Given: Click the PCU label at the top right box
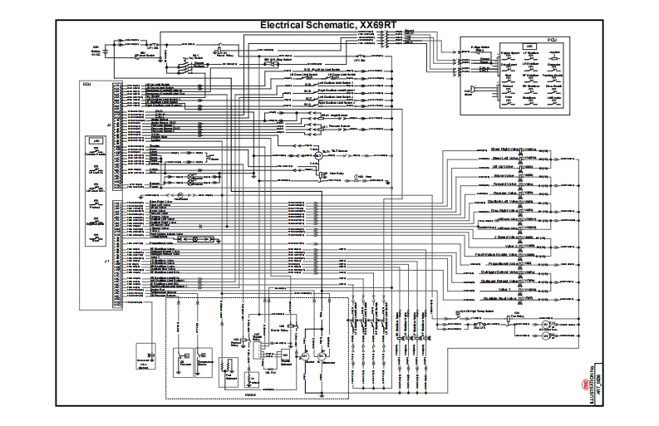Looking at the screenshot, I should [x=529, y=39].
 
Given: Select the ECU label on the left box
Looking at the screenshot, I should [x=86, y=83].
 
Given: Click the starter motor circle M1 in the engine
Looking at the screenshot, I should [x=305, y=355].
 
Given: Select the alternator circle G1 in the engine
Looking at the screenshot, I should [x=322, y=355].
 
